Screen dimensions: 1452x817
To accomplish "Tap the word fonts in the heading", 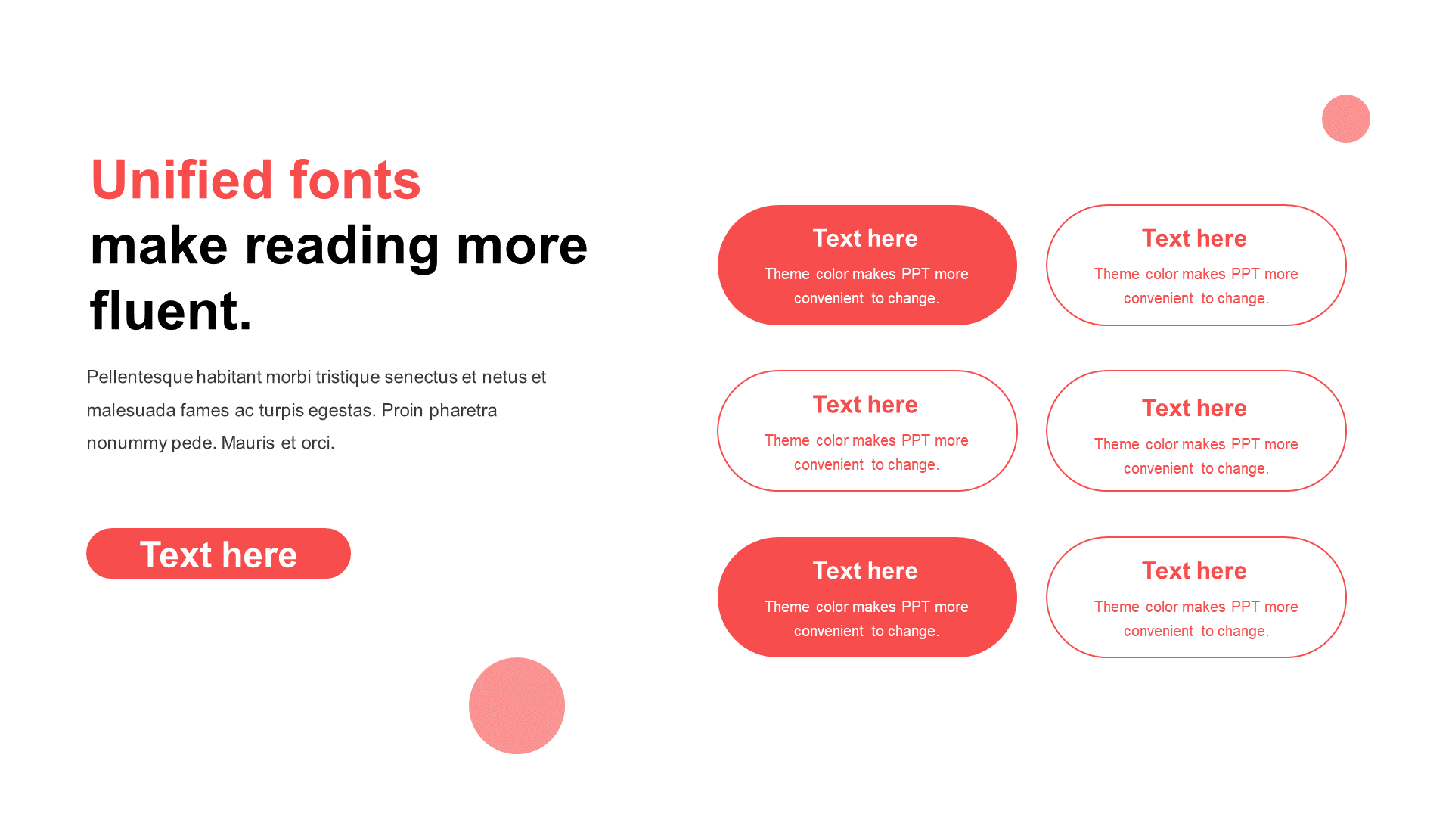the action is (355, 180).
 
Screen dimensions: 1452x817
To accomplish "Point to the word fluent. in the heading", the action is (171, 310).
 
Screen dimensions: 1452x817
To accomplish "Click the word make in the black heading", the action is (159, 246).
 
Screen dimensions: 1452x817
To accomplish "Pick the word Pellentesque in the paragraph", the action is (140, 377).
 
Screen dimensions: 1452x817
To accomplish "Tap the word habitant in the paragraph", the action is (229, 377).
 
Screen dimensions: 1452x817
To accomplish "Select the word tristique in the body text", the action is (348, 377).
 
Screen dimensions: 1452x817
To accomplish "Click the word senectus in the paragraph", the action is (421, 377).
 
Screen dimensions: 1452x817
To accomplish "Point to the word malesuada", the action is (132, 410).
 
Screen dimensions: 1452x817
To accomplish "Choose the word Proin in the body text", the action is (402, 410).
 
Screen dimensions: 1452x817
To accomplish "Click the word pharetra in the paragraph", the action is (463, 411).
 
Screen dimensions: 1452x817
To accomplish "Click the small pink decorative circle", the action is (1346, 119).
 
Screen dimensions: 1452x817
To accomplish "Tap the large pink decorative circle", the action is (517, 706).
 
